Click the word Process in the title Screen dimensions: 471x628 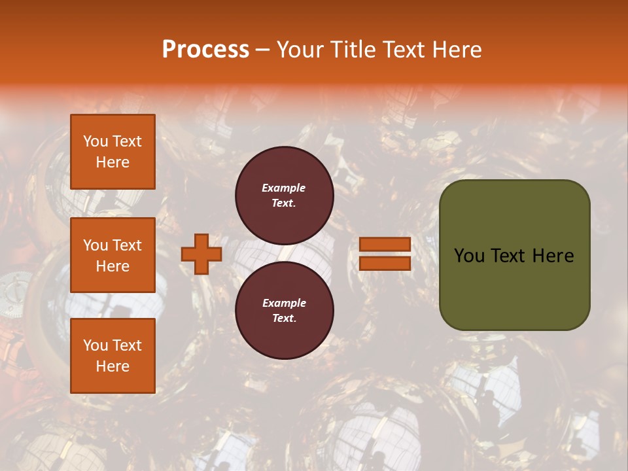[205, 50]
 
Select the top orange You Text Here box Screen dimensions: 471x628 [113, 152]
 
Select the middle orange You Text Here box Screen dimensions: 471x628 [113, 255]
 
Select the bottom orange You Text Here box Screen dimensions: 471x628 [113, 356]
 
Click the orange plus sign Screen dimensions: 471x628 [201, 254]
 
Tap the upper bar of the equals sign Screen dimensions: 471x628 [385, 244]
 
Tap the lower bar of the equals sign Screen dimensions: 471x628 [385, 263]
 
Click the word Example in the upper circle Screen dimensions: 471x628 [283, 188]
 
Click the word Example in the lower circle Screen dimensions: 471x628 [284, 303]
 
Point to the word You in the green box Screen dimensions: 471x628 [469, 256]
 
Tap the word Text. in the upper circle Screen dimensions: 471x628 [284, 203]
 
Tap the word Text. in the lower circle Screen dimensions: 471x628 [284, 318]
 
